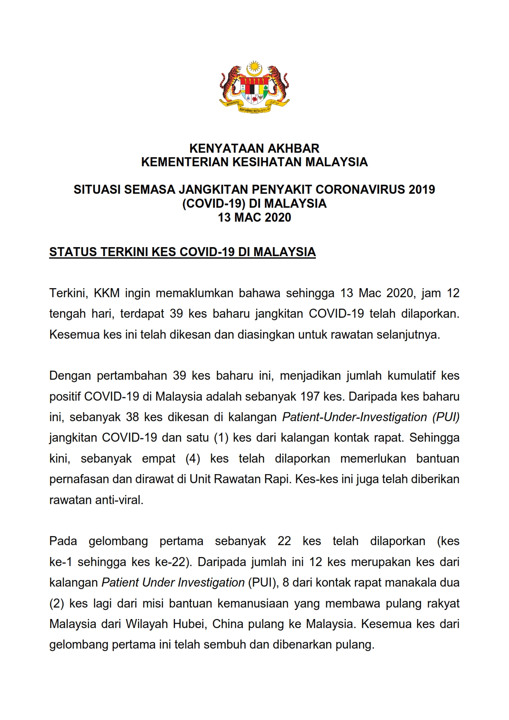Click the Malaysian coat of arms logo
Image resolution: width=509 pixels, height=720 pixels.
click(254, 87)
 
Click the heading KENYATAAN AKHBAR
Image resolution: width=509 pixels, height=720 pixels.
click(254, 148)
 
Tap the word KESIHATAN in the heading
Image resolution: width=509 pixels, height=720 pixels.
click(268, 162)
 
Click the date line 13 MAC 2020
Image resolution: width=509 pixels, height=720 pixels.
click(254, 218)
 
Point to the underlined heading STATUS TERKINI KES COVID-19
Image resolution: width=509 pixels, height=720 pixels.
click(182, 252)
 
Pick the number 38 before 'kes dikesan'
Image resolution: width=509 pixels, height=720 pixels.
click(132, 417)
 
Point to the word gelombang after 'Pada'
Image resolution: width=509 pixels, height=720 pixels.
click(118, 541)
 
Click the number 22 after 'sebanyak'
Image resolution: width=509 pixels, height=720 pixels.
click(284, 541)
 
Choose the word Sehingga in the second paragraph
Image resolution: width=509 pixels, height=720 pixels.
click(434, 438)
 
